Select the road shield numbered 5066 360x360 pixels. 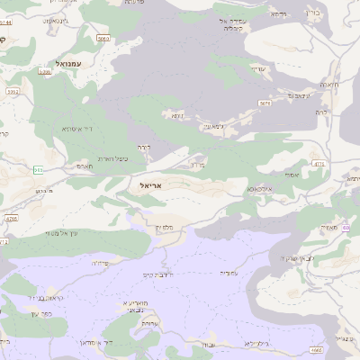103,39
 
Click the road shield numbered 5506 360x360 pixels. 12,92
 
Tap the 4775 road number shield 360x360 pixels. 319,163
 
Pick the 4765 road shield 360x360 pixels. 11,218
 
